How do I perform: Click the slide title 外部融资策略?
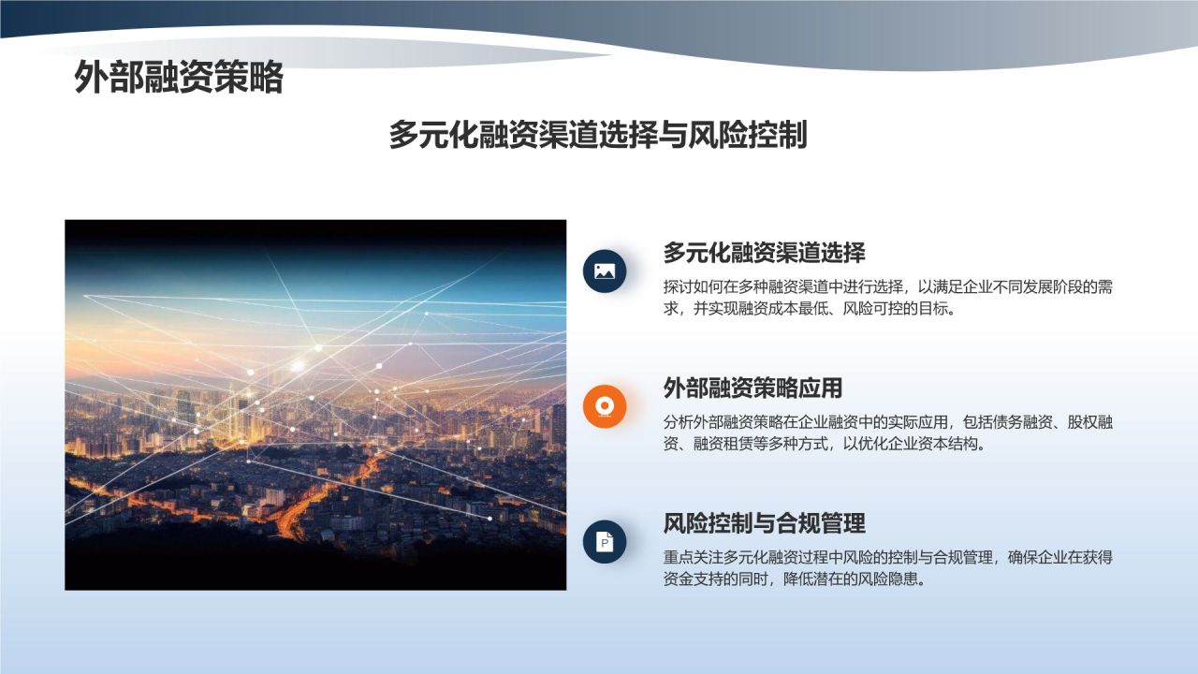(x=179, y=78)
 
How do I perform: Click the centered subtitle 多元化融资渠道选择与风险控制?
(x=598, y=134)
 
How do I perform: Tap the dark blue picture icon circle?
(x=605, y=271)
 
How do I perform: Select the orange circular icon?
(x=605, y=406)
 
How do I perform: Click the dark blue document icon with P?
(x=605, y=542)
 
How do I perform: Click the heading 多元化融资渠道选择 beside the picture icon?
(x=764, y=253)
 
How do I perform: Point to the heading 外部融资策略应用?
(x=752, y=388)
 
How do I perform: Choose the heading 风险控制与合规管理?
(x=764, y=523)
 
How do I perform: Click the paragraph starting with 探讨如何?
(x=888, y=298)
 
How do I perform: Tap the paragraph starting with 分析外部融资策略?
(x=888, y=433)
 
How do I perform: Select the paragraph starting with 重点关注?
(x=888, y=568)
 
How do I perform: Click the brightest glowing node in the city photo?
(x=298, y=366)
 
